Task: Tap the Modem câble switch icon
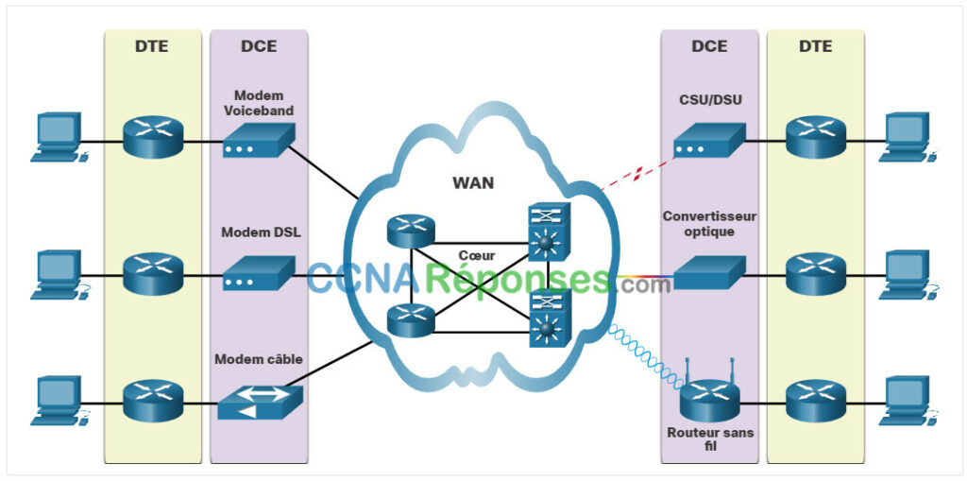[260, 402]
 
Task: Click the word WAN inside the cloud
[474, 182]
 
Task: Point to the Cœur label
[476, 255]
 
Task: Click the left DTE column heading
[151, 45]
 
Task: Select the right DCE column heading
[709, 45]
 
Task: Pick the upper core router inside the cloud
[411, 230]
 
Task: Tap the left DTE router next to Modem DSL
[151, 274]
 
